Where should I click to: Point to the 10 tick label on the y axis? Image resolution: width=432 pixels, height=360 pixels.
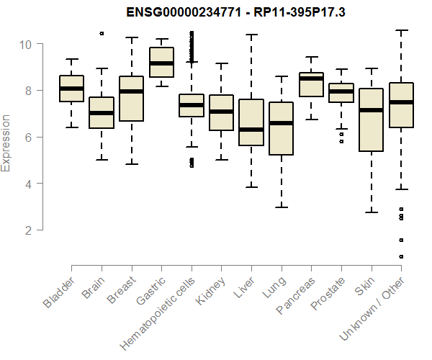point(25,44)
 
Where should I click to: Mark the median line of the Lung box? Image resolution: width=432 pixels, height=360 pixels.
point(282,123)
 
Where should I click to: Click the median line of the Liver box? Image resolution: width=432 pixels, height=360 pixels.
point(251,130)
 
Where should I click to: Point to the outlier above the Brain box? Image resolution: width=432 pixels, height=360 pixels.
point(102,33)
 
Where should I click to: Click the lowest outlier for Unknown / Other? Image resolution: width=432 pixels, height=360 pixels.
point(401,256)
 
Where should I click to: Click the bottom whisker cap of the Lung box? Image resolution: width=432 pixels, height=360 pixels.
point(282,207)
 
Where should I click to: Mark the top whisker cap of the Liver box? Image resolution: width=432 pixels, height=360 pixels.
point(251,35)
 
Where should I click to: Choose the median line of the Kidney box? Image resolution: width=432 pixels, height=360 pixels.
point(221,112)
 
